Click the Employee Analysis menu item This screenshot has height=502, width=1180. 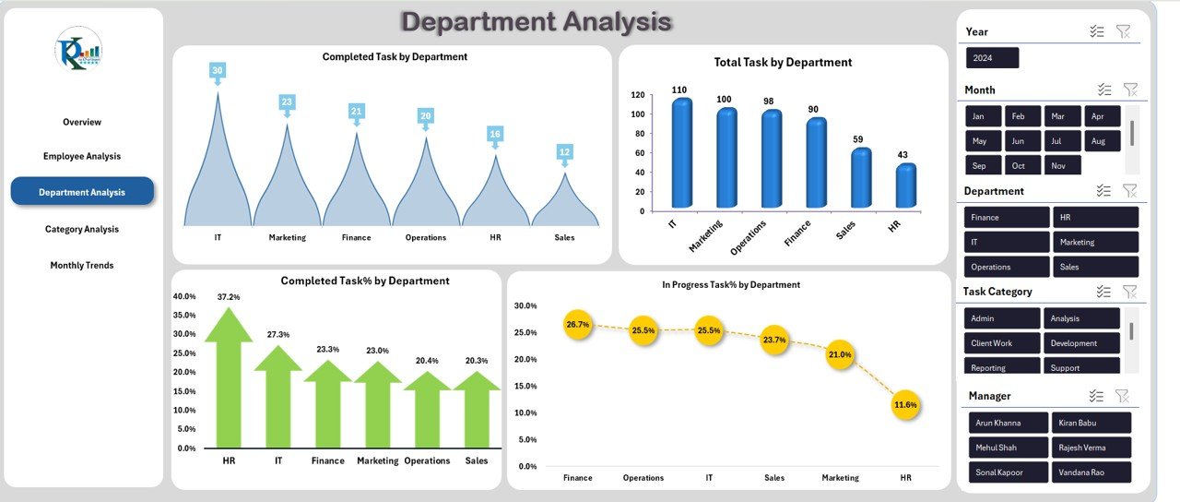point(82,156)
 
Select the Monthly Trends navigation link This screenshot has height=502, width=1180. point(82,265)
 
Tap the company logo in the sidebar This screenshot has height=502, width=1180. point(78,49)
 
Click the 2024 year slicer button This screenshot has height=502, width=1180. point(992,58)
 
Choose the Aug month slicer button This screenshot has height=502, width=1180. point(1100,141)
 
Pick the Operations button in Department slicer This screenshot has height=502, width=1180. point(1006,267)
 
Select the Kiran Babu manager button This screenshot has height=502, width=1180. point(1091,423)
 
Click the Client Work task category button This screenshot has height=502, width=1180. point(1002,343)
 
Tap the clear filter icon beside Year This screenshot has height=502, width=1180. point(1122,31)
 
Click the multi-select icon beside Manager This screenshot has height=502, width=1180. point(1096,396)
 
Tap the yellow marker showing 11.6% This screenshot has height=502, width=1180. point(906,404)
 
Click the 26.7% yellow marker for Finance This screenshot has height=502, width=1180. point(578,324)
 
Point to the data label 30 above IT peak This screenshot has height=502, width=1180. point(218,70)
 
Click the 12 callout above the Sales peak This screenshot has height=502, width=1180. point(564,151)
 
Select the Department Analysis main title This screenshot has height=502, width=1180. point(537,21)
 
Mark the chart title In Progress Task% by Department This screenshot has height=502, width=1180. point(730,284)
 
